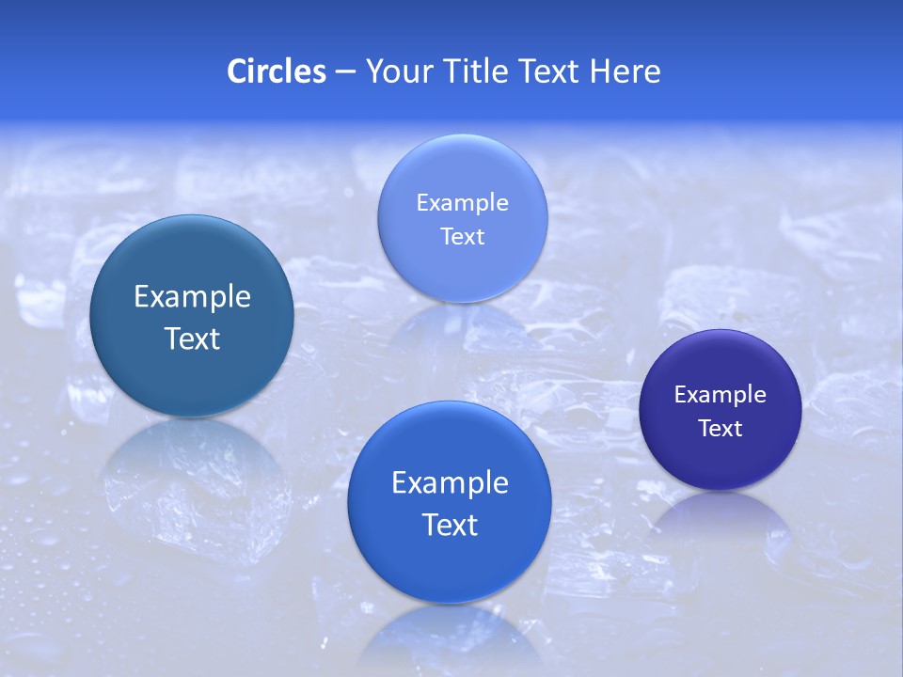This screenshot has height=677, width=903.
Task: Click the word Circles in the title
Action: [x=277, y=71]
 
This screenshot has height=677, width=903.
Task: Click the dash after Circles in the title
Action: [x=345, y=72]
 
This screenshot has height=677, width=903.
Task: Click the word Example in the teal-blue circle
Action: [x=192, y=297]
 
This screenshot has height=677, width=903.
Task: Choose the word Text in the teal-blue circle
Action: [x=192, y=338]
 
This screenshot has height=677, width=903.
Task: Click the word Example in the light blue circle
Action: [x=462, y=203]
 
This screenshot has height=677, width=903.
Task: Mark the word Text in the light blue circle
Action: [x=462, y=236]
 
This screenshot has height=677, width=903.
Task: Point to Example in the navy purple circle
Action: [x=721, y=395]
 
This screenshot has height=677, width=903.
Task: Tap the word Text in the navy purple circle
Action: [x=721, y=429]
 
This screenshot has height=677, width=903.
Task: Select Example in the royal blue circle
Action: [x=450, y=483]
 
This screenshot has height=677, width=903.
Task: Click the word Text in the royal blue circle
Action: [x=450, y=525]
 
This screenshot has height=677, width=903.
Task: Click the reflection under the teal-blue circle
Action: [x=192, y=470]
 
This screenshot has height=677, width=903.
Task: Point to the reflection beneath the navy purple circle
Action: [x=721, y=527]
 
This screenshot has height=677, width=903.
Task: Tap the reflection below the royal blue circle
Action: [x=450, y=639]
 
